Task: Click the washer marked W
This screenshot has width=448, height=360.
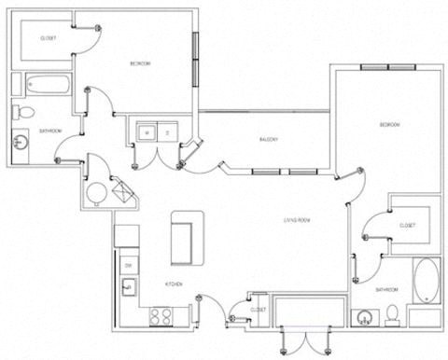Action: pos(147,132)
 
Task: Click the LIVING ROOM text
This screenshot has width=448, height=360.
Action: pos(297,220)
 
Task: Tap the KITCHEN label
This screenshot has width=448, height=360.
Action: pos(174,284)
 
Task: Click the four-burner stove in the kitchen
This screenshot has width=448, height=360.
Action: pos(160,314)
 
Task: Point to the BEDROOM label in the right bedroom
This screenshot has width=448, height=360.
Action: pos(389,124)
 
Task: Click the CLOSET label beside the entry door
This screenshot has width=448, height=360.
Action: pos(258,309)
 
